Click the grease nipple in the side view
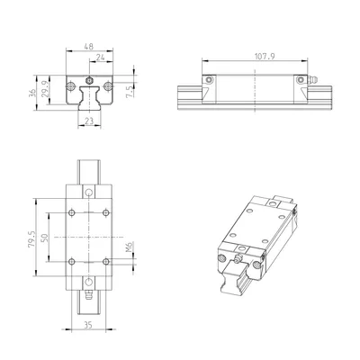tap(311, 81)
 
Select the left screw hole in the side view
tap(209, 80)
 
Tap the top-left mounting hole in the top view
tap(72, 213)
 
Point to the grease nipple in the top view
tap(88, 288)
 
